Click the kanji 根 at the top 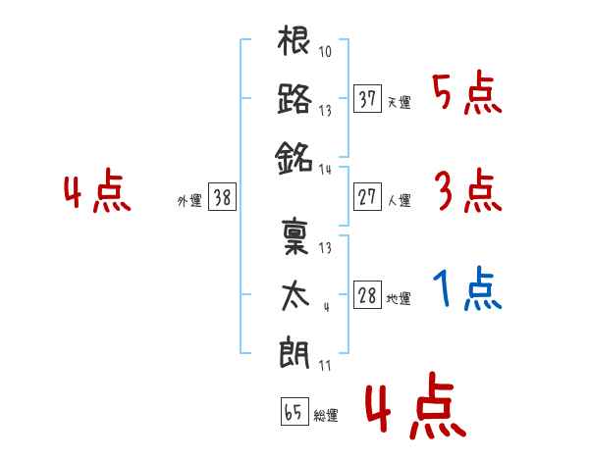pos(294,40)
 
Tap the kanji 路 pos(294,99)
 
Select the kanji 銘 pos(294,158)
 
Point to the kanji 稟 pos(295,236)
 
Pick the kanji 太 pos(295,296)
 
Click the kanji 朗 pos(294,352)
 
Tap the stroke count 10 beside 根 pos(325,51)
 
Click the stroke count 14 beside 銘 pos(325,170)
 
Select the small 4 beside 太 pos(327,307)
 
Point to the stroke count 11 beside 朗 pos(325,365)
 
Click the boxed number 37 pos(367,99)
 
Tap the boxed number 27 pos(367,197)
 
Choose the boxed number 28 pos(367,294)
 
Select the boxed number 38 pos(222,197)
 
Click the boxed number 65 pos(294,411)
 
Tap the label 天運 pos(400,102)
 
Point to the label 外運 pos(189,200)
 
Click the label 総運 pos(326,415)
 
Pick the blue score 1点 pos(467,288)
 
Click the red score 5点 pos(467,92)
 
